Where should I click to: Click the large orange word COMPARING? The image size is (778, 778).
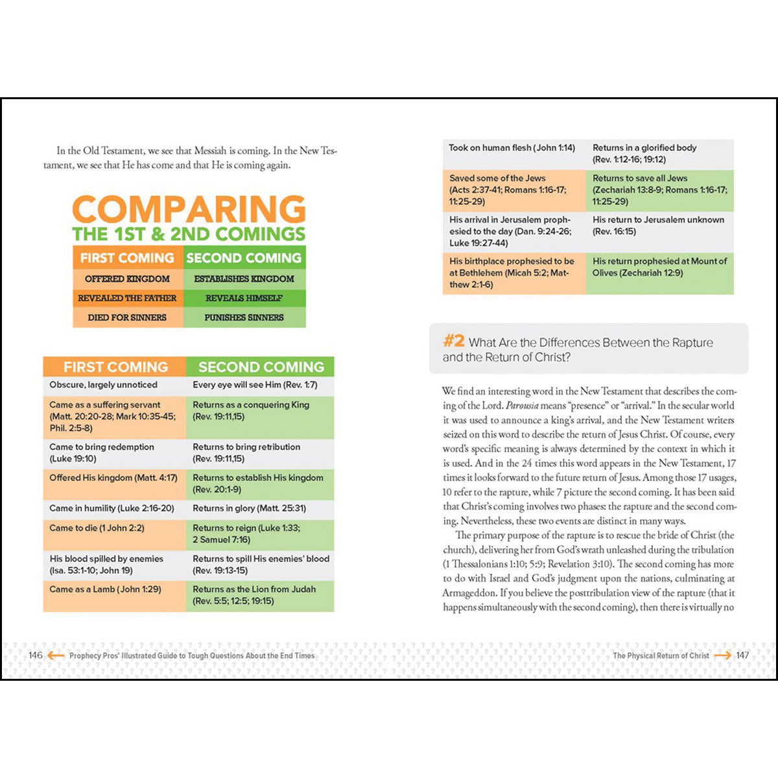pyautogui.click(x=188, y=209)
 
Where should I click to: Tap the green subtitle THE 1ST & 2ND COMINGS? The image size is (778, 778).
pyautogui.click(x=188, y=234)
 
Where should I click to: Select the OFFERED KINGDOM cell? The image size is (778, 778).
pyautogui.click(x=128, y=279)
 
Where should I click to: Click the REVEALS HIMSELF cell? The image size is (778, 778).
pyautogui.click(x=244, y=298)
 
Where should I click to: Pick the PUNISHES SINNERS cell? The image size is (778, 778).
pyautogui.click(x=244, y=318)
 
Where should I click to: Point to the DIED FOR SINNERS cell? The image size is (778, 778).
pyautogui.click(x=128, y=318)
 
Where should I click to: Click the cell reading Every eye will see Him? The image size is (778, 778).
pyautogui.click(x=259, y=385)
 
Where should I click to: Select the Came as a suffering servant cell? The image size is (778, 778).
pyautogui.click(x=114, y=416)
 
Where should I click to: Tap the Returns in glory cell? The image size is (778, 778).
pyautogui.click(x=259, y=508)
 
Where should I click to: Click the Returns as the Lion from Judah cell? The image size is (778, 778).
pyautogui.click(x=259, y=595)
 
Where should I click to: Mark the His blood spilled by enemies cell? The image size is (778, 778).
pyautogui.click(x=114, y=564)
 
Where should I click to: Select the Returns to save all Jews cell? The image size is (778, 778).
pyautogui.click(x=659, y=190)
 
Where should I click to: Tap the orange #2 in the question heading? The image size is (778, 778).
pyautogui.click(x=454, y=341)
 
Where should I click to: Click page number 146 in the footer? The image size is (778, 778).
pyautogui.click(x=35, y=655)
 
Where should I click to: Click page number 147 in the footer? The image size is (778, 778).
pyautogui.click(x=742, y=655)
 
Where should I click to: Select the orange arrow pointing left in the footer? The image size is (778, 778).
pyautogui.click(x=56, y=655)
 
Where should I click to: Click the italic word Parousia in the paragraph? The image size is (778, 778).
pyautogui.click(x=522, y=406)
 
